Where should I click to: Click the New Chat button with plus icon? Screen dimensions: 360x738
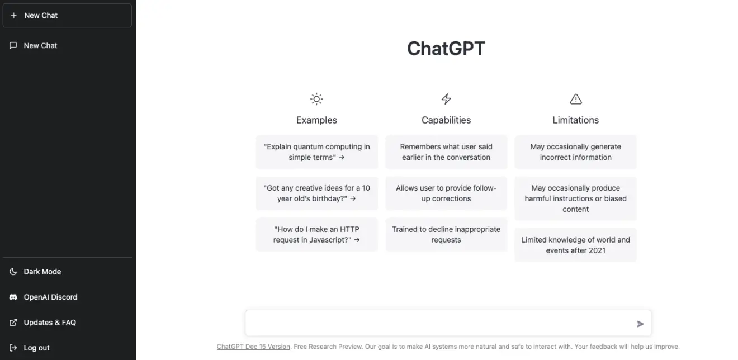click(67, 16)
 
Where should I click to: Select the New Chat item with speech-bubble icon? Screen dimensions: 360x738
click(40, 46)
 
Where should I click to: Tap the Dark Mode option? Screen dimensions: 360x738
click(42, 272)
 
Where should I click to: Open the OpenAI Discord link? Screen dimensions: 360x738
click(50, 297)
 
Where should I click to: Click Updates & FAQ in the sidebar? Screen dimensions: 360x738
click(49, 323)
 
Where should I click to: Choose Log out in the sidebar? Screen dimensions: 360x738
click(36, 348)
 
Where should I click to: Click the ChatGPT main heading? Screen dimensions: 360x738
click(446, 49)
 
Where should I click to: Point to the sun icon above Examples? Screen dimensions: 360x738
click(316, 100)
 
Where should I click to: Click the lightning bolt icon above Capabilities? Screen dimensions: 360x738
click(446, 100)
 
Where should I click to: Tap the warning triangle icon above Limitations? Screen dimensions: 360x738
click(575, 100)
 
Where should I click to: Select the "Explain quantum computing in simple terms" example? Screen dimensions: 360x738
click(316, 152)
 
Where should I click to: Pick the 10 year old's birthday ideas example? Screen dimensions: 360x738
click(316, 193)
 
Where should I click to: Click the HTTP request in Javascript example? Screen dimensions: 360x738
click(316, 235)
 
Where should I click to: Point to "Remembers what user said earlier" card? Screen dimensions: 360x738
click(446, 152)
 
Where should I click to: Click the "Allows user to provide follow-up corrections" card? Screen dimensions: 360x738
click(446, 193)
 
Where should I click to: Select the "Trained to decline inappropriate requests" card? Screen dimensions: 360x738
click(446, 235)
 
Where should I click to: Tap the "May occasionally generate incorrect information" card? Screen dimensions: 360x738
click(575, 152)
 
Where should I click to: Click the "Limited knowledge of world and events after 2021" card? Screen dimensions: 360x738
click(575, 245)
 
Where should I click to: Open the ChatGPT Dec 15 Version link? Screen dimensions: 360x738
click(253, 347)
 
